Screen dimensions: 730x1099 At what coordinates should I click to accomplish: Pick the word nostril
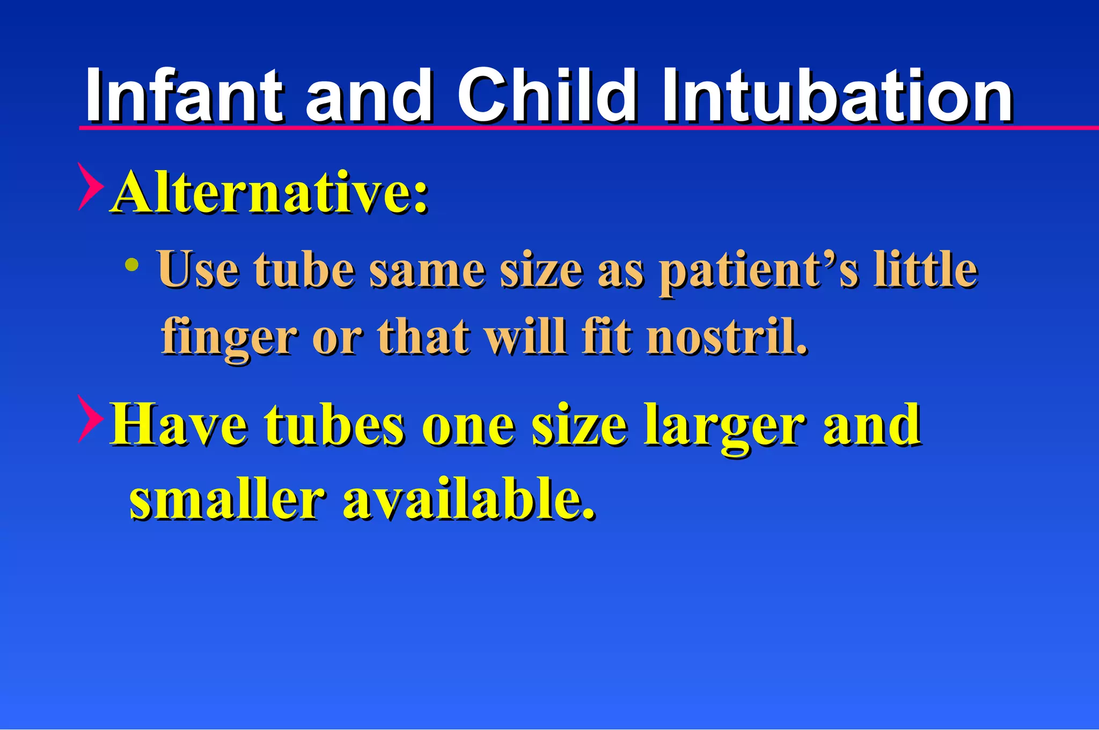point(727,337)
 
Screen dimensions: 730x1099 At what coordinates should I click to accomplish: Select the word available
point(469,499)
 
